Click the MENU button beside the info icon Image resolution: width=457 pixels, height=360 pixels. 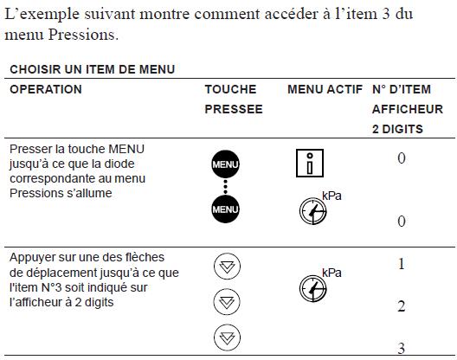tap(225, 164)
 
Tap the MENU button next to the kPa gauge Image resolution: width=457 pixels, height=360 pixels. tap(225, 209)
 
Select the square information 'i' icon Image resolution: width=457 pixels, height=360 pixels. tap(310, 163)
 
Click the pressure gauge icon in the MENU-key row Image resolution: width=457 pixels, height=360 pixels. tap(313, 211)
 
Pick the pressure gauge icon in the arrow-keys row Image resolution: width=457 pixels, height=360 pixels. tap(313, 288)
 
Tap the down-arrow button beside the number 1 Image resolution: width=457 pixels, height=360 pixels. tap(227, 267)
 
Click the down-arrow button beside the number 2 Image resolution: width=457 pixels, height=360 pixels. tap(227, 302)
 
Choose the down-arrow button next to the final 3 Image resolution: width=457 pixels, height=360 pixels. tap(227, 337)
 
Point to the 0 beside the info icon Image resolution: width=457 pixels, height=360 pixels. tap(402, 158)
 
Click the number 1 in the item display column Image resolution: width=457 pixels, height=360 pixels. tap(402, 264)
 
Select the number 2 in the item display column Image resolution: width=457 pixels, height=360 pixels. tap(402, 306)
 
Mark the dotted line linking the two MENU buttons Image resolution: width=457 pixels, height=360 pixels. tap(225, 187)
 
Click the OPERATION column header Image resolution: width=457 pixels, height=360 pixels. tap(46, 89)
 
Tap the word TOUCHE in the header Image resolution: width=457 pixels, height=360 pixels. tap(230, 89)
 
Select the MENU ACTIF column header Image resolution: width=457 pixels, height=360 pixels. tap(325, 89)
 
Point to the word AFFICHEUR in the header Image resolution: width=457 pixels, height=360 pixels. tap(408, 109)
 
